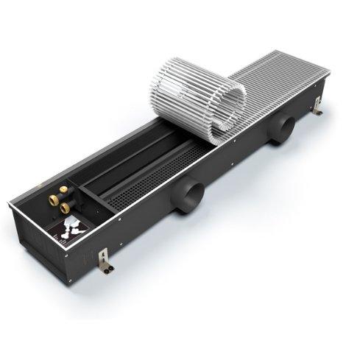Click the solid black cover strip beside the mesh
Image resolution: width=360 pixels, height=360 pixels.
point(118,169)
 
